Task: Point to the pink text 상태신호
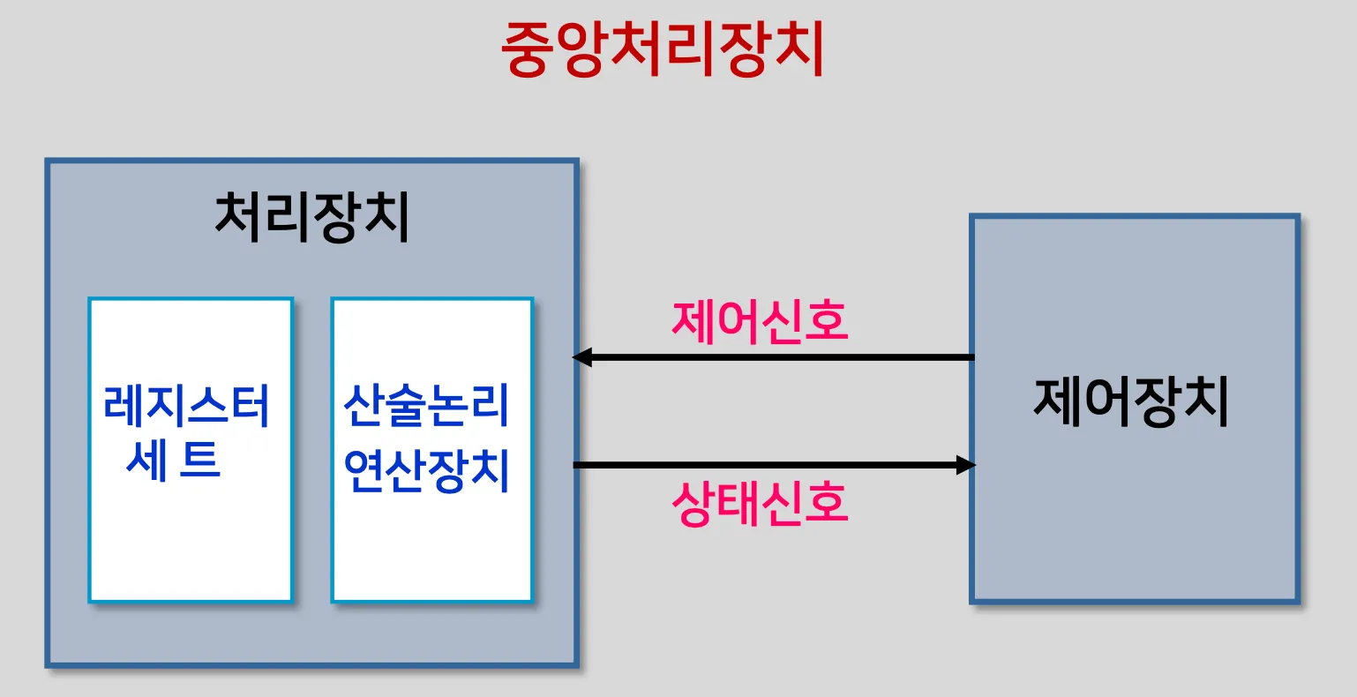pos(760,504)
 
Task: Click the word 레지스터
pos(187,406)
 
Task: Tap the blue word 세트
pos(174,459)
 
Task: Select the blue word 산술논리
pos(427,406)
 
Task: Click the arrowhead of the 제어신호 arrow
pos(583,357)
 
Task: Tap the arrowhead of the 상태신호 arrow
pos(966,464)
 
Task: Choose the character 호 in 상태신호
pos(826,504)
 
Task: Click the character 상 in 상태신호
pos(693,504)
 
